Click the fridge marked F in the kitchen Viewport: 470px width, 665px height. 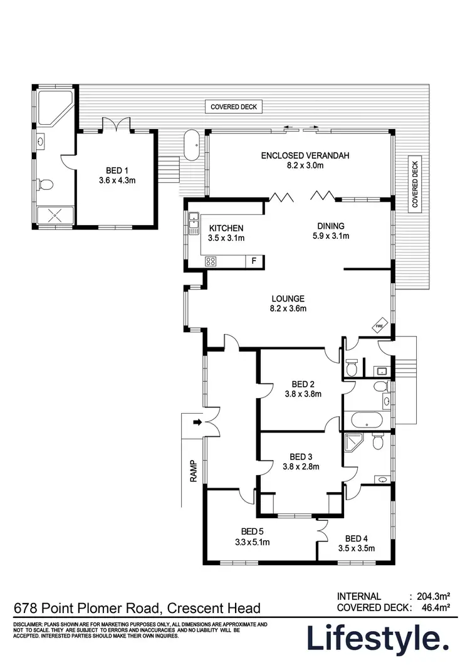point(254,261)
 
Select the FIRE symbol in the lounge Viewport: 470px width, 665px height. point(379,326)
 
